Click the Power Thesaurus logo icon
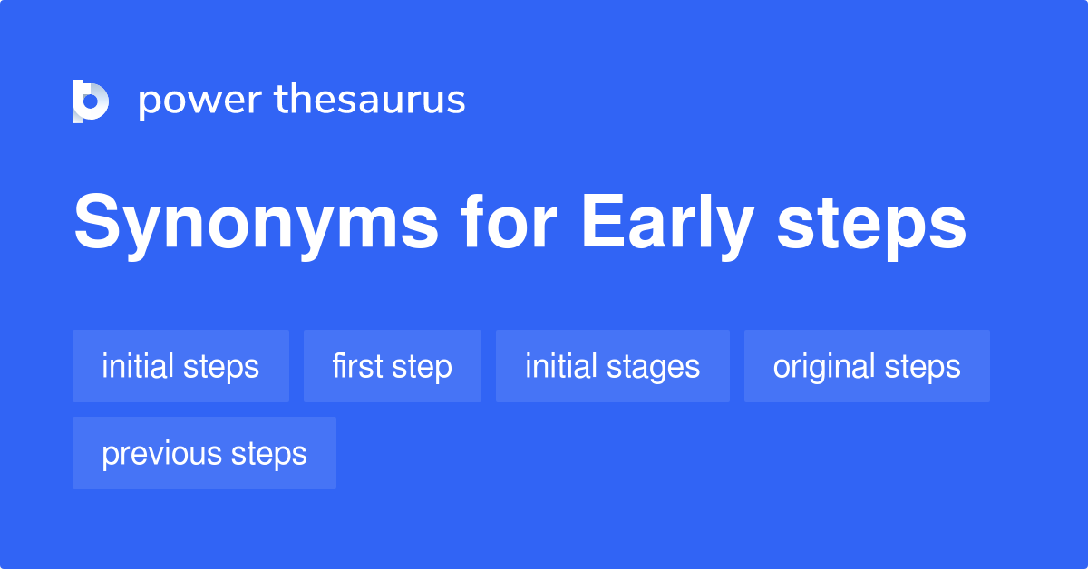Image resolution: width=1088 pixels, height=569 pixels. (91, 101)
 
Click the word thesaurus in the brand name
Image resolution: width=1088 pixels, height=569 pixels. (371, 101)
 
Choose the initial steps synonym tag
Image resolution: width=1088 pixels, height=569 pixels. (180, 366)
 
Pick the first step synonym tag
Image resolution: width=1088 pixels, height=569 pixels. (392, 366)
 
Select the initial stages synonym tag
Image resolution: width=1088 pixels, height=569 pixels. (612, 366)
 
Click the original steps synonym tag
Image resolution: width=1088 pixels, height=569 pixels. (867, 366)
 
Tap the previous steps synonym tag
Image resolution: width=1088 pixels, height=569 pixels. (204, 453)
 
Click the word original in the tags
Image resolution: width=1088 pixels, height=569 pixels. (823, 367)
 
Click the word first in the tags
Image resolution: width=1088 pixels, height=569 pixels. (357, 366)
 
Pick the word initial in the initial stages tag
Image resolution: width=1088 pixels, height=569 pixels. (563, 366)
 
